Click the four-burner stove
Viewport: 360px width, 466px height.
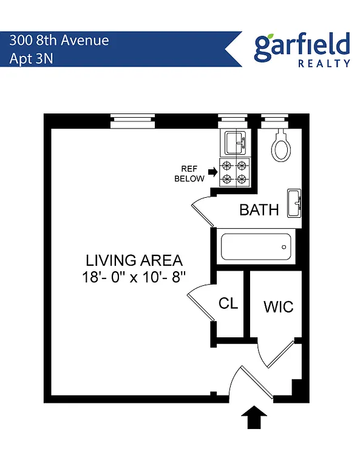click(234, 172)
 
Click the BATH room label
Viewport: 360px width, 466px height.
click(259, 210)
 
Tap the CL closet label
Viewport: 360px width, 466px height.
click(228, 304)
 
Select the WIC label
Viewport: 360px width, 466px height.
click(277, 306)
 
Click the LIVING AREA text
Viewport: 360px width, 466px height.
click(134, 261)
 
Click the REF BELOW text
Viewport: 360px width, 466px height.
click(189, 174)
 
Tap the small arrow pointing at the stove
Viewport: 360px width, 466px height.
click(212, 172)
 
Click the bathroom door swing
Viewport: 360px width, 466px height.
click(202, 214)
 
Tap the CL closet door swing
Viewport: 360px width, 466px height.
click(201, 303)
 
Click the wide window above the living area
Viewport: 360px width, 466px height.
click(133, 123)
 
